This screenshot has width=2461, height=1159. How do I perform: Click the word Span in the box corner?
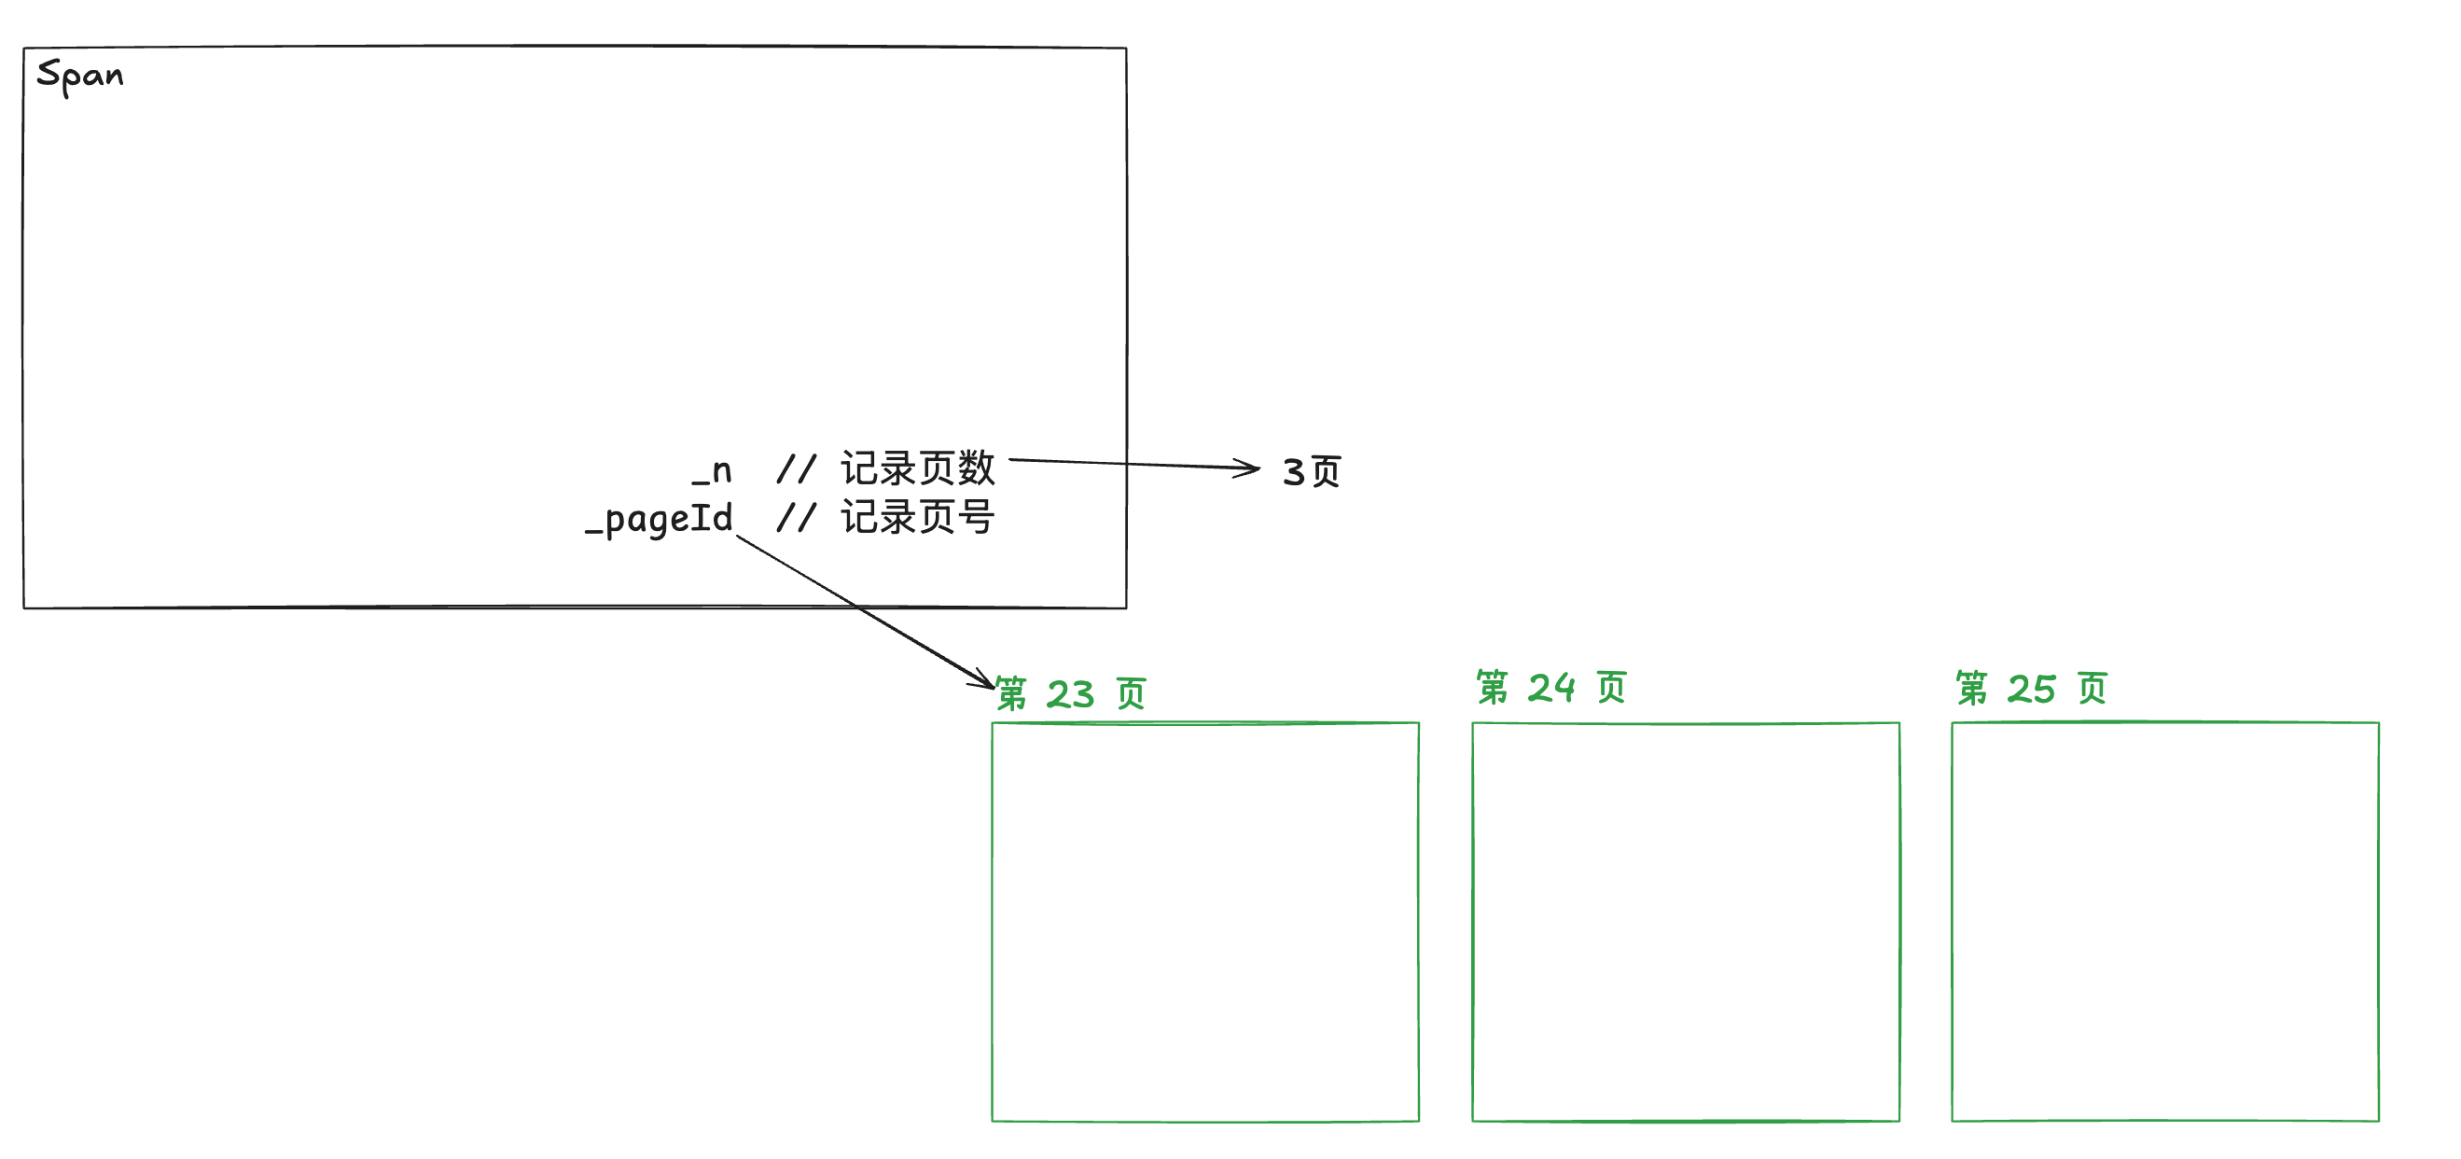79,75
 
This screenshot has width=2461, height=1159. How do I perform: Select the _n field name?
713,471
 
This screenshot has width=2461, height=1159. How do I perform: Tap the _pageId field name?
660,520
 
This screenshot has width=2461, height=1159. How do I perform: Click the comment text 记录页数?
917,468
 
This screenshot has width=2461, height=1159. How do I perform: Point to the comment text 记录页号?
917,518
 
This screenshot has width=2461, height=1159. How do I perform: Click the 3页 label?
1311,472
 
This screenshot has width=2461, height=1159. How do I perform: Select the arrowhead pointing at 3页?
1249,468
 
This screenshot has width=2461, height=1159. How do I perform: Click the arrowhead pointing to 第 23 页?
984,679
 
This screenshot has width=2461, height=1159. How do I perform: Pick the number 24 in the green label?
1550,688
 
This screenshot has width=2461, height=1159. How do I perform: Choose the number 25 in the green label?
2031,689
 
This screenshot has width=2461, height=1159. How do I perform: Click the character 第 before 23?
1010,693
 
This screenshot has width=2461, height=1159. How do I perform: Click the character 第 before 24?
1493,687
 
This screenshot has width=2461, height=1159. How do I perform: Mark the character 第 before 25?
1972,688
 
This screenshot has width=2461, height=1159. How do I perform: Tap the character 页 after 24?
1612,687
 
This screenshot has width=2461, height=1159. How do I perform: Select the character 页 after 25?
2093,688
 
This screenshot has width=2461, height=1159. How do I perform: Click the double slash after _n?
796,469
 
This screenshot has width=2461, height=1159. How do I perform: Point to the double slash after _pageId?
796,518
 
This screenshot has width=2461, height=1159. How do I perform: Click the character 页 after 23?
1131,693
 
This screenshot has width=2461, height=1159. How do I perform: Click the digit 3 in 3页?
1294,472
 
